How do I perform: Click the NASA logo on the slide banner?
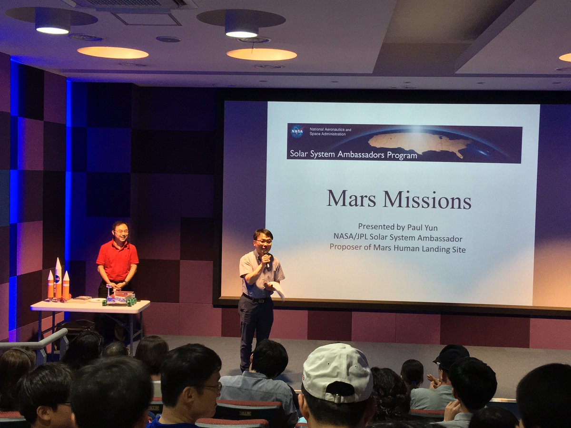click(x=297, y=132)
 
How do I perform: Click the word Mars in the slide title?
click(x=352, y=199)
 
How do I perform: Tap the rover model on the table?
click(x=120, y=298)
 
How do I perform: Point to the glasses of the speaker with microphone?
click(x=264, y=242)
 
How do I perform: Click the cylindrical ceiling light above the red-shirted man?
click(x=52, y=21)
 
